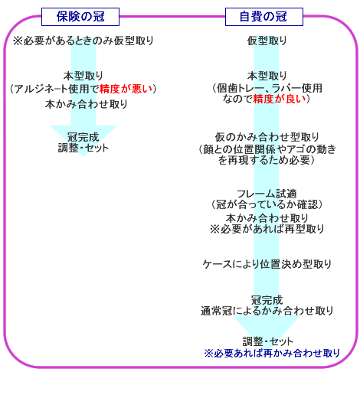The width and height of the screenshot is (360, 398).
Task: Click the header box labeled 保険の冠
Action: [x=80, y=17]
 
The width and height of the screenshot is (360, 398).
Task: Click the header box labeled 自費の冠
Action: [x=264, y=17]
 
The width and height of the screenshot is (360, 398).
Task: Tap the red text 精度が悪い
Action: [x=126, y=89]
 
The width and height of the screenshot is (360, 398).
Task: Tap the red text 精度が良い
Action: [x=280, y=99]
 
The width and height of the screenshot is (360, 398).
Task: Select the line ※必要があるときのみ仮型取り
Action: [x=83, y=41]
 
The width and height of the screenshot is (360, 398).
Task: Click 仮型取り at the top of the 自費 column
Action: [x=267, y=41]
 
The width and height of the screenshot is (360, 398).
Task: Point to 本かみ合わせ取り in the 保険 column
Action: [x=86, y=104]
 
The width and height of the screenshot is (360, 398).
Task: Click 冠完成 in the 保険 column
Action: [x=83, y=137]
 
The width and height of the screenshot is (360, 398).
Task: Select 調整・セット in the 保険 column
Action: [x=83, y=148]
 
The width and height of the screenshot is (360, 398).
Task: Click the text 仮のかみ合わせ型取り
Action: [x=267, y=137]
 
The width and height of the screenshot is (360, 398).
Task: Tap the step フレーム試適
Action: [x=267, y=194]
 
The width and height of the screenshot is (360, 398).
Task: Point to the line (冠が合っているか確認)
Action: [x=267, y=204]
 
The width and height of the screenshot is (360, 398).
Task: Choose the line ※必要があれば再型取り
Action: [x=267, y=229]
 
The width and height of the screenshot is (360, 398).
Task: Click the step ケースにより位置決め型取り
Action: [x=267, y=264]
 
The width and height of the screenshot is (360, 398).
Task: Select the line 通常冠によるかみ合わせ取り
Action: [x=267, y=311]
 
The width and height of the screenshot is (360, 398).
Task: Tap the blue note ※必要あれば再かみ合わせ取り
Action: [x=272, y=353]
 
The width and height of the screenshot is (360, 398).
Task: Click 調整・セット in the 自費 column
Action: [x=267, y=341]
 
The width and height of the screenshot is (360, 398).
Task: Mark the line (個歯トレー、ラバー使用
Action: [x=267, y=88]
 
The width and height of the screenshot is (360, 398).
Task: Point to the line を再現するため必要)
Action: [x=267, y=160]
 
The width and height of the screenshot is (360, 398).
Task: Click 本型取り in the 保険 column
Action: [x=83, y=76]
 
